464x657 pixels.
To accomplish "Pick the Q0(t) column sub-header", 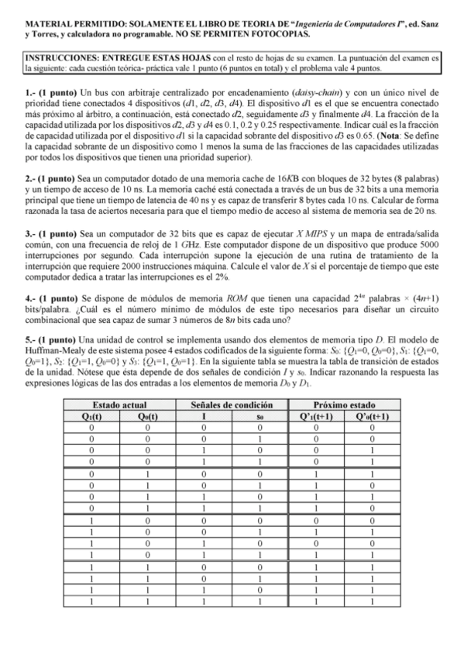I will [148, 415].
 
